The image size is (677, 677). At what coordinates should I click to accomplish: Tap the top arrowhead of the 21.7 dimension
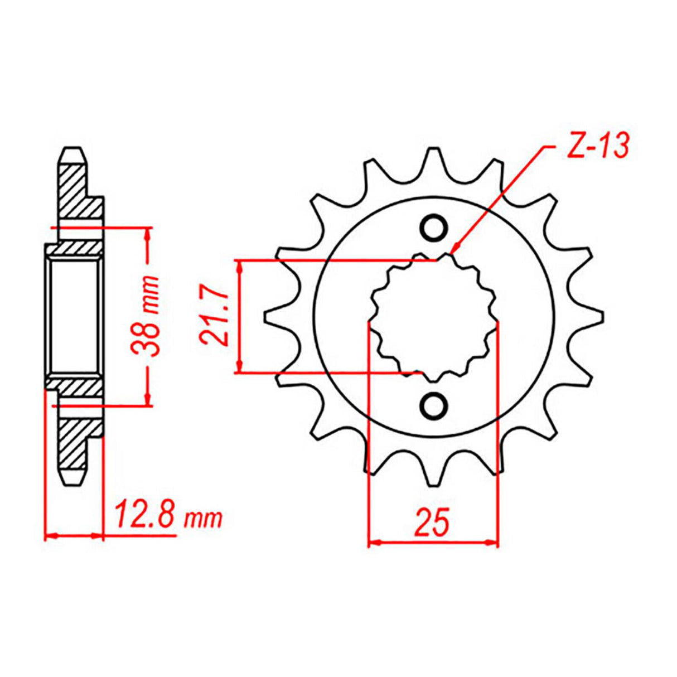(239, 267)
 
